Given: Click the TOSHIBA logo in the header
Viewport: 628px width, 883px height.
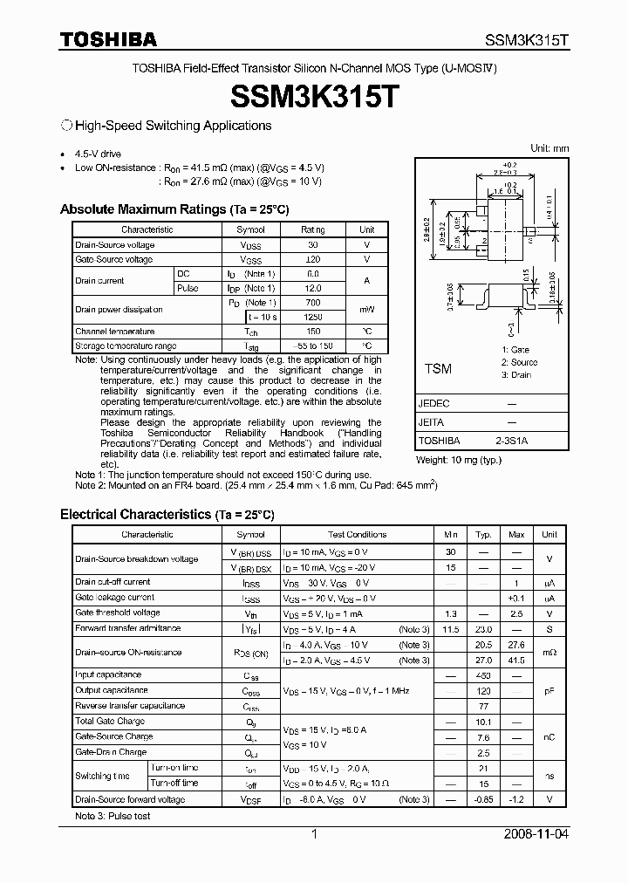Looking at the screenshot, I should [x=108, y=39].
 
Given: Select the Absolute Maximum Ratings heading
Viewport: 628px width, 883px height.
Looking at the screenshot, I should [x=174, y=209].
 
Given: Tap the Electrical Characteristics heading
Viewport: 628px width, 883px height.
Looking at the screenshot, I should [x=167, y=515].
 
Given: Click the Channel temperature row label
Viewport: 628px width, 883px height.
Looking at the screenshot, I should [x=114, y=332].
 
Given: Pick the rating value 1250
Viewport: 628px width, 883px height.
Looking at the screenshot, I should [x=312, y=317].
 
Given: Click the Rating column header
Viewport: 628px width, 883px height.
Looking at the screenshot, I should [x=312, y=229].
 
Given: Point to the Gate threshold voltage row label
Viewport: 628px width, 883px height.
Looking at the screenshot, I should [x=118, y=613].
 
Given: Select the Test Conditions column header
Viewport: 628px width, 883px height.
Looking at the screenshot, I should [x=357, y=534].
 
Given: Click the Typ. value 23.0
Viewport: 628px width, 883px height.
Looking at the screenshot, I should [x=483, y=628].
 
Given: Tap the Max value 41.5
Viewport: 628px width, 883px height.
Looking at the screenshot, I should [x=516, y=661].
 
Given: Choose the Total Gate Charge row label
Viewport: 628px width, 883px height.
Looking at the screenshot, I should [x=110, y=722].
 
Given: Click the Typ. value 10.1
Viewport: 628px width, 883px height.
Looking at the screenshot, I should [x=483, y=722].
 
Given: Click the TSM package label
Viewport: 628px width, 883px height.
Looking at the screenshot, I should [x=438, y=369].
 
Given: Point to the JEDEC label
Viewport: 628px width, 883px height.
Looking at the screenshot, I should [x=433, y=405].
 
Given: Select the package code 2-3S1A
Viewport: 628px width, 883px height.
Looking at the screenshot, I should [x=511, y=441].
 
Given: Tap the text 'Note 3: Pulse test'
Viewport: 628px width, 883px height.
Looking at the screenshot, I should [x=113, y=817].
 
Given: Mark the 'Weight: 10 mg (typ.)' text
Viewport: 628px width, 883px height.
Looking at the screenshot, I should [x=459, y=460].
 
